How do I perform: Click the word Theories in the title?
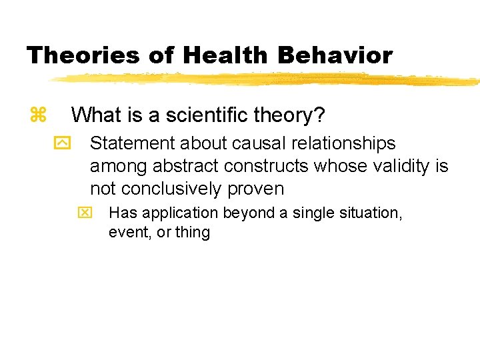[83, 55]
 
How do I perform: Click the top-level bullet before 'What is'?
[38, 115]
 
